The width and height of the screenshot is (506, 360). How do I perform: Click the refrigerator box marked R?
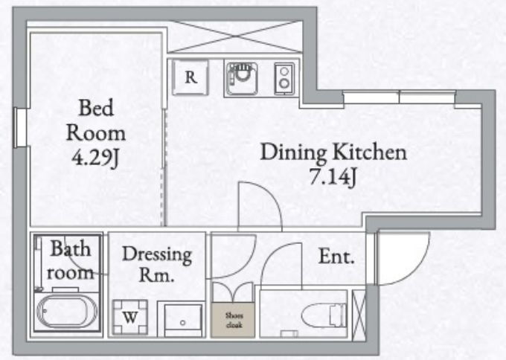(x=190, y=77)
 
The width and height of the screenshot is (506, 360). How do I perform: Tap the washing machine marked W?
(x=130, y=318)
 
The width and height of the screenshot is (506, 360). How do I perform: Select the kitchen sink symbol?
(x=242, y=79)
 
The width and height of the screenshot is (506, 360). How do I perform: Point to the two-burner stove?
(x=284, y=79)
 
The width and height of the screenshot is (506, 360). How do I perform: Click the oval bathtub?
(x=67, y=312)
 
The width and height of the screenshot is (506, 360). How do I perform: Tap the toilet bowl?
(x=324, y=315)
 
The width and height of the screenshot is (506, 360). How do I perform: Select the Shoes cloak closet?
(x=233, y=320)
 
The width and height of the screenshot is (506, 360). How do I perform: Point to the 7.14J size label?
(x=333, y=176)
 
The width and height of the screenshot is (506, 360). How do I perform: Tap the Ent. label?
(x=336, y=257)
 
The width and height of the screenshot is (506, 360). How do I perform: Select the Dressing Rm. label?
(x=157, y=264)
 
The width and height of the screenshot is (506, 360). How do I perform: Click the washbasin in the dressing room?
(x=183, y=320)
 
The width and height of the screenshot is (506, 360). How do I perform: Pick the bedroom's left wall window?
(x=21, y=128)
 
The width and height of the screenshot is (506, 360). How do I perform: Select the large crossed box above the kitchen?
(x=235, y=36)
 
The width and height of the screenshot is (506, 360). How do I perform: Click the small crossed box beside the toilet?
(x=359, y=315)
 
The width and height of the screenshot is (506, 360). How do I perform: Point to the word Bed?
(x=96, y=108)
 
